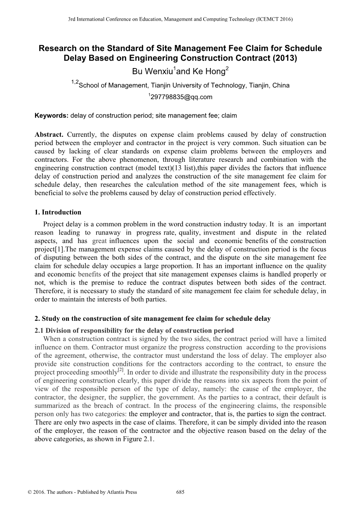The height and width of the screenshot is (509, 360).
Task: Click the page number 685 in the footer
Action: (x=180, y=492)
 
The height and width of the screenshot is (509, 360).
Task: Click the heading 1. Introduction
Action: (x=58, y=212)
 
